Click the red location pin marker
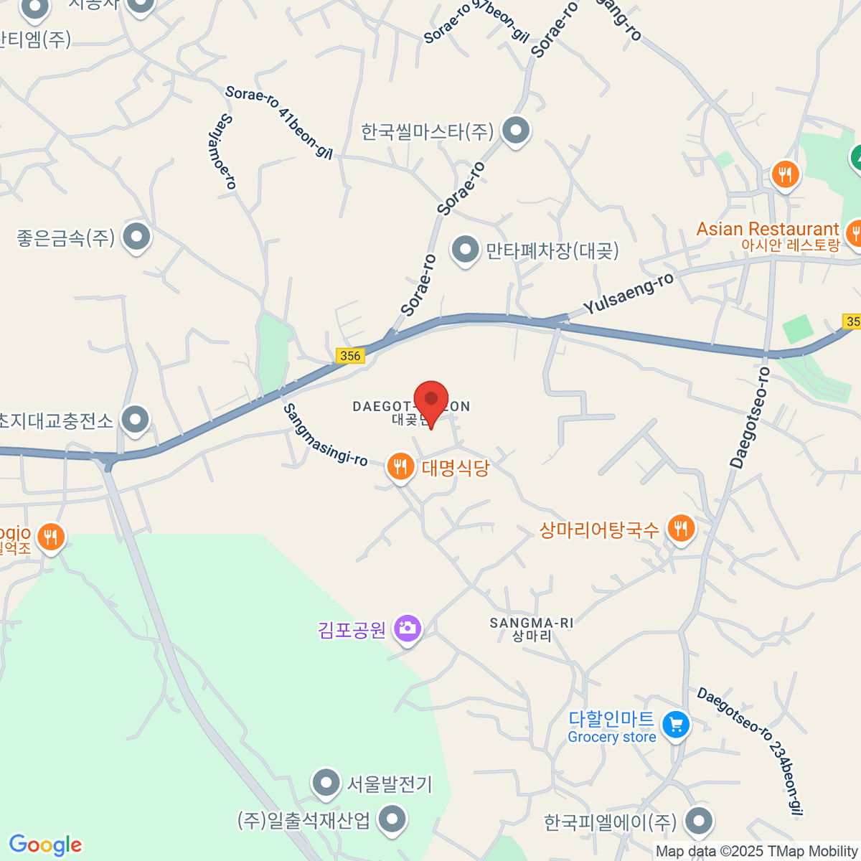tap(431, 400)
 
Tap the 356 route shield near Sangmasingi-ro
tap(350, 355)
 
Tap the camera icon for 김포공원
tap(408, 629)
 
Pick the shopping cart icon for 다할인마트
tap(675, 724)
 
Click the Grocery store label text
tap(611, 737)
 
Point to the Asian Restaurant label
tap(767, 229)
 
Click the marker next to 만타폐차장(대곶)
tap(465, 250)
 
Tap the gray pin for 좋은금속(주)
tap(136, 236)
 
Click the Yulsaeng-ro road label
tap(628, 294)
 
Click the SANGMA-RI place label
tap(532, 623)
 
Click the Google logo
tap(45, 844)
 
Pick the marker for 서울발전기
tap(326, 783)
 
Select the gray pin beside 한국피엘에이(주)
tap(698, 820)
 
